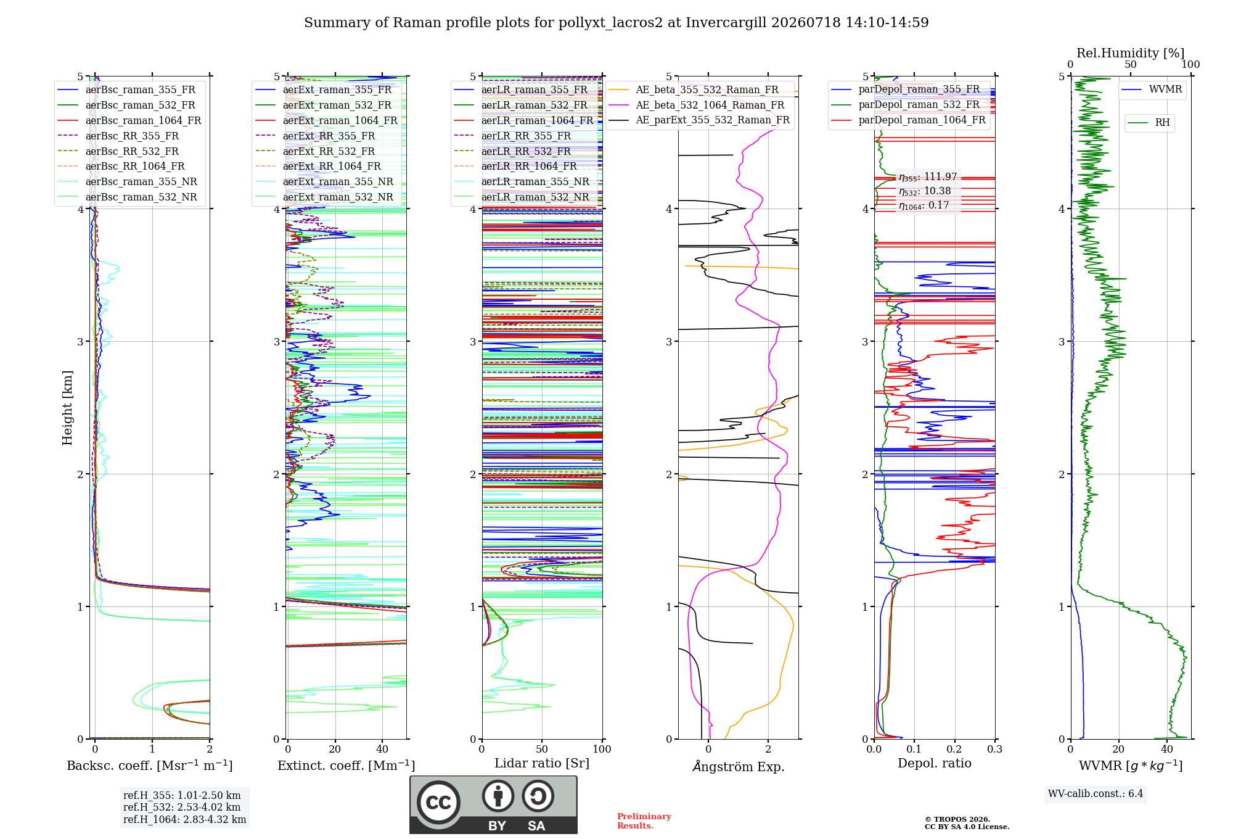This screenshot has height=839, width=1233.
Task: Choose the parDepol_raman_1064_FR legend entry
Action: [x=909, y=120]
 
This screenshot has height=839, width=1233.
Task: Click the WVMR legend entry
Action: [x=1152, y=89]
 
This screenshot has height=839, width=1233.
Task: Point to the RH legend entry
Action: [x=1149, y=123]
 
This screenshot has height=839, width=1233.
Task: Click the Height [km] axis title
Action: [x=67, y=408]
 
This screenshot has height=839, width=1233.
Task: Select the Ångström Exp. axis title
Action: [x=739, y=766]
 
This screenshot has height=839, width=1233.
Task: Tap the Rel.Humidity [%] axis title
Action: [x=1131, y=53]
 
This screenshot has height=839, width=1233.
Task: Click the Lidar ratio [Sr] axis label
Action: [x=542, y=763]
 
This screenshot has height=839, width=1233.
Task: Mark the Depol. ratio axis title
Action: [x=935, y=763]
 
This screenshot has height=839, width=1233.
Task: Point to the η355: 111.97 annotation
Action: [x=928, y=177]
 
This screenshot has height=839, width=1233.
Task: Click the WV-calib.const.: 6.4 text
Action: [x=1096, y=794]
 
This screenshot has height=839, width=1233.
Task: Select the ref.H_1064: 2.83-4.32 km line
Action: [x=184, y=820]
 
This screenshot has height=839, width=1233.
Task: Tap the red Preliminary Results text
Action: [x=644, y=821]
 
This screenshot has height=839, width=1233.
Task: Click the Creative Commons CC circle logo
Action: [x=439, y=803]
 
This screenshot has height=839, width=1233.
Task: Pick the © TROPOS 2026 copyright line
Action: [x=957, y=819]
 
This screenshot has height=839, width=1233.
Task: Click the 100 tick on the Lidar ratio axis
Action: [x=602, y=750]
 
